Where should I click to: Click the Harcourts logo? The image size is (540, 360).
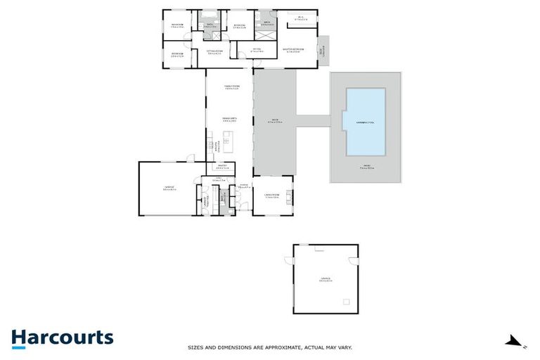(62, 338)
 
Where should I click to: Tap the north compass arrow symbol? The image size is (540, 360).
(515, 342)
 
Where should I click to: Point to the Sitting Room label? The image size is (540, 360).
(214, 51)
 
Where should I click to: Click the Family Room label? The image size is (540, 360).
(231, 87)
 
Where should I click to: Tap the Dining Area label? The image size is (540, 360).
(230, 119)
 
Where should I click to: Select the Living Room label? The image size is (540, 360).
(272, 195)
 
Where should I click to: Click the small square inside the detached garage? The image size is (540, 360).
(346, 302)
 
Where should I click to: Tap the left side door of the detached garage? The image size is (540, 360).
(288, 262)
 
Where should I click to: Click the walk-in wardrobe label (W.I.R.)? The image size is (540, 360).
(301, 18)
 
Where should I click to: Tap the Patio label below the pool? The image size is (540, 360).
(366, 168)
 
